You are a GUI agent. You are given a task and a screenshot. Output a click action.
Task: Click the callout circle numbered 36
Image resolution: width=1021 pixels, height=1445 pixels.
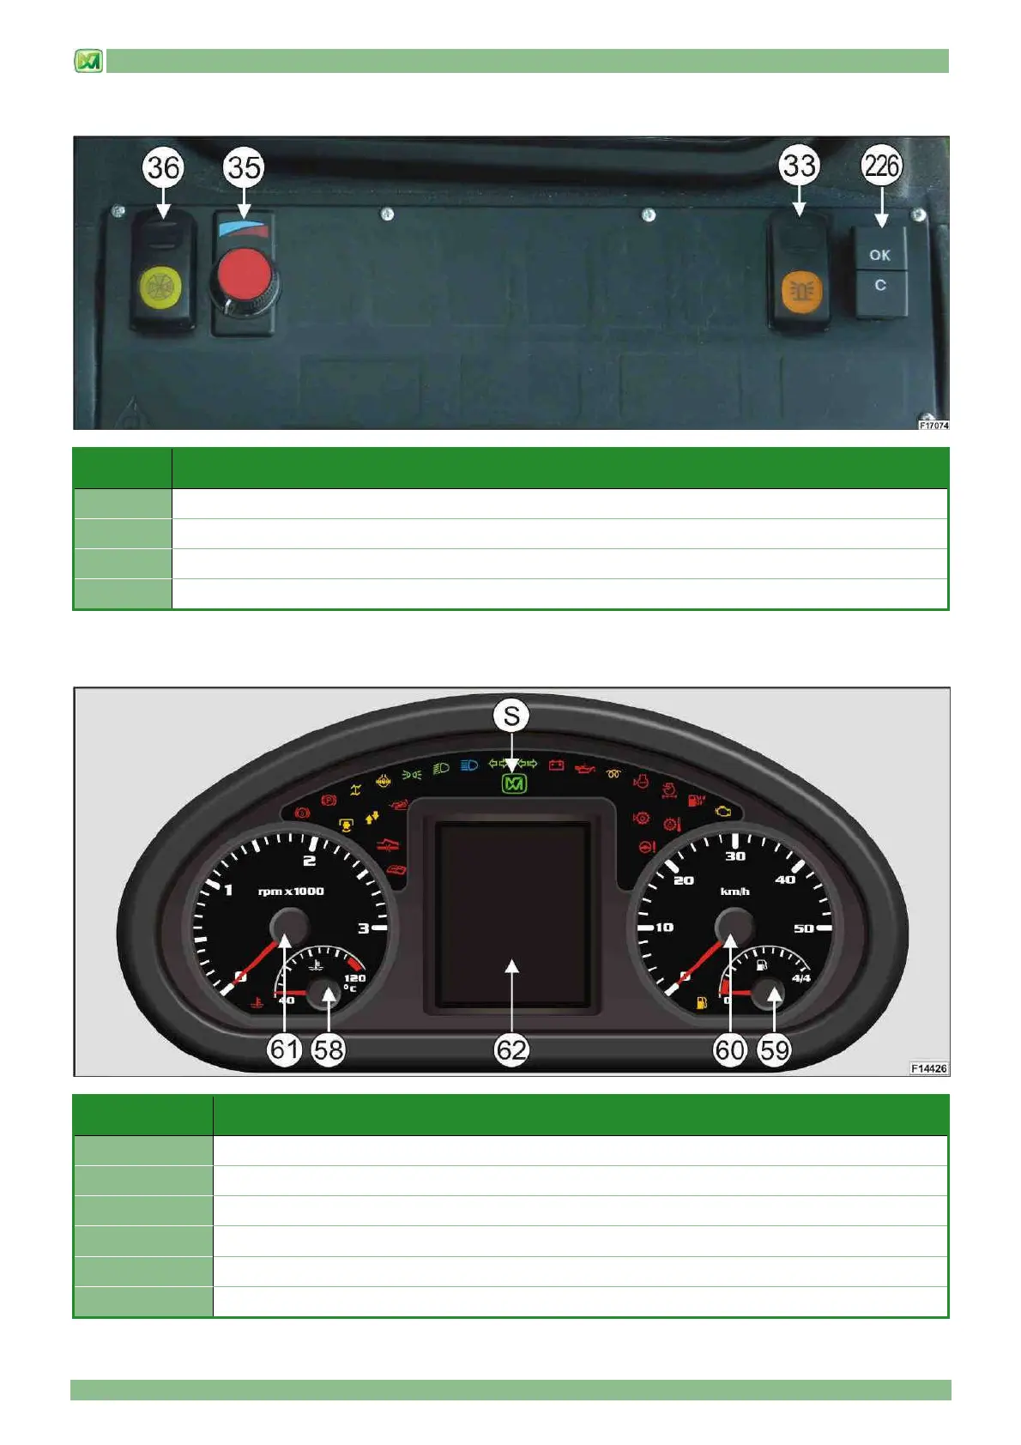[163, 166]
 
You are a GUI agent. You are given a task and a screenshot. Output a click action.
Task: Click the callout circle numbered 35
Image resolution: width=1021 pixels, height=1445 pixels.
[244, 166]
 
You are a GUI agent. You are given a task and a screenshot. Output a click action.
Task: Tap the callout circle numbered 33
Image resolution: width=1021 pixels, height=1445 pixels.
[799, 165]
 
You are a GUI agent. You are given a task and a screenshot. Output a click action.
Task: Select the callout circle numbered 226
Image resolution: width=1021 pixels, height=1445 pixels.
[881, 165]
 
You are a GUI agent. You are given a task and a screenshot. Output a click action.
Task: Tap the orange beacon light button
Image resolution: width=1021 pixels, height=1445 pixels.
[801, 290]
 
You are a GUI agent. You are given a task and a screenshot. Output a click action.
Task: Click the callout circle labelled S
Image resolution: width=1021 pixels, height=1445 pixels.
[511, 716]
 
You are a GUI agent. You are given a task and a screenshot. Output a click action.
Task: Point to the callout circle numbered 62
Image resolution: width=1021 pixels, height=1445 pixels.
[511, 1049]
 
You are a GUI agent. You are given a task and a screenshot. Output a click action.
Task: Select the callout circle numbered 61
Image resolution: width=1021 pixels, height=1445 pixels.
[284, 1049]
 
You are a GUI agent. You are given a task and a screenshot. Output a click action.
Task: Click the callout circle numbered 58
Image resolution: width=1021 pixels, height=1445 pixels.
[328, 1049]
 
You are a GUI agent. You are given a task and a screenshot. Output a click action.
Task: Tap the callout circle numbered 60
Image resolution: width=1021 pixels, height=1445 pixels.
[730, 1049]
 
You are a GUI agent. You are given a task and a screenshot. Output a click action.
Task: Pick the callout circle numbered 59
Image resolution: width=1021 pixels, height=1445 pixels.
[774, 1049]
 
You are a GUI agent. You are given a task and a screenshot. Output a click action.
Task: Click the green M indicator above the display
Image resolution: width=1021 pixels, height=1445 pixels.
[514, 783]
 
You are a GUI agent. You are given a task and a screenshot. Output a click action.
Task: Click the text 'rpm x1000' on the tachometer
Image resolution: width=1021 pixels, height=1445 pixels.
[291, 892]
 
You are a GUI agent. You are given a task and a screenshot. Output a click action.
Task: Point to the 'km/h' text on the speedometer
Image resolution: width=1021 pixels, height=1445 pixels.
[734, 892]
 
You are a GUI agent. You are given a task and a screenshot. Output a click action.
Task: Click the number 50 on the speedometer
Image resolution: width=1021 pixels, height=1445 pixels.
[804, 928]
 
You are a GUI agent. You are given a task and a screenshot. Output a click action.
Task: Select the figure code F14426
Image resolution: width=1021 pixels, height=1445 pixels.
[928, 1068]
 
